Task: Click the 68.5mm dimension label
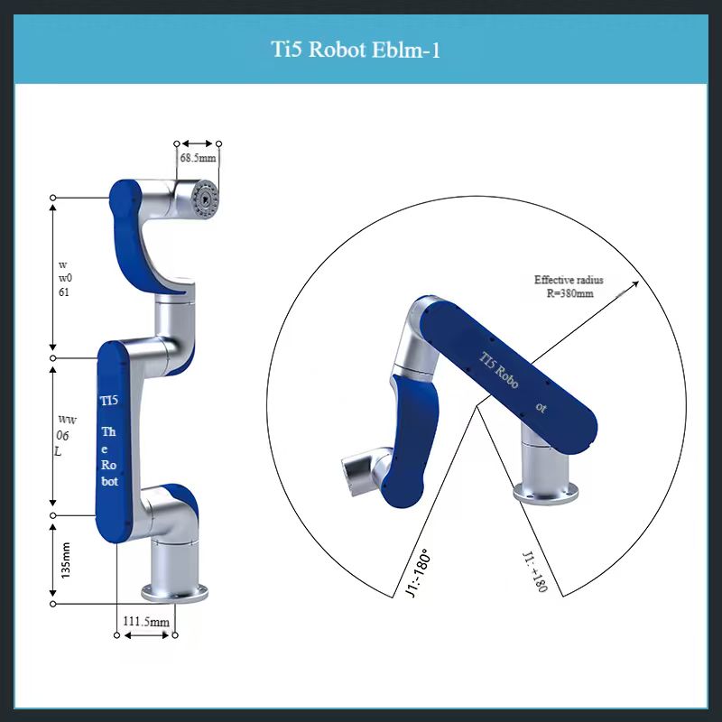(x=198, y=158)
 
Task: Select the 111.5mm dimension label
(x=146, y=622)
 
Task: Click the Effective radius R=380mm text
(x=569, y=286)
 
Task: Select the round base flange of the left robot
(x=174, y=592)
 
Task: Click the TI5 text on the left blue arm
(x=107, y=400)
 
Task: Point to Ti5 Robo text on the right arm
(x=499, y=369)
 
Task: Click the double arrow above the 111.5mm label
(x=145, y=635)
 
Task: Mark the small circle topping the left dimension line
(x=54, y=197)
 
